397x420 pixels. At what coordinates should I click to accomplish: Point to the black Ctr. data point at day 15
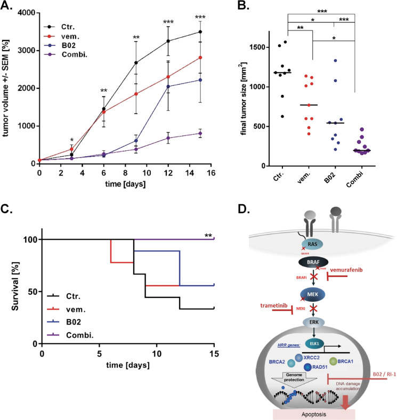(200, 32)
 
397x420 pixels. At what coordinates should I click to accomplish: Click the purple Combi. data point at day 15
(200, 133)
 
